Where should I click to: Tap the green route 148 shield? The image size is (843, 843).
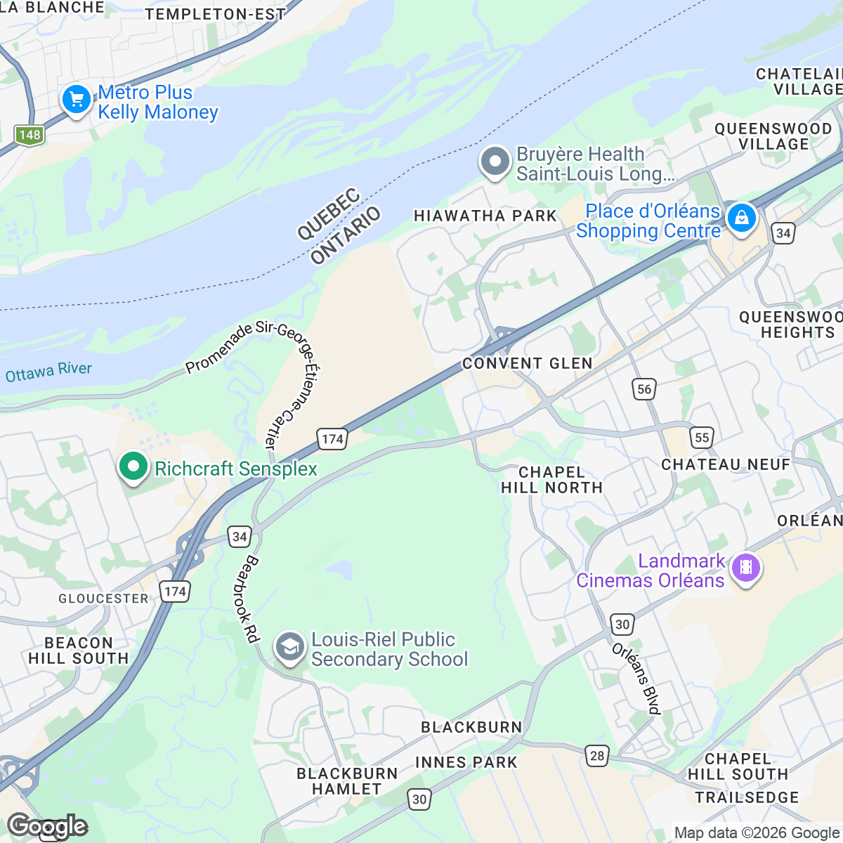coord(30,135)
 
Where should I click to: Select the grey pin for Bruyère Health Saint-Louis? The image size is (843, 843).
coord(495,162)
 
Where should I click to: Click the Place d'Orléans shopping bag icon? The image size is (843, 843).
coord(741,218)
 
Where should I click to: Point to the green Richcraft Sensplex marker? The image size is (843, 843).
coord(133,467)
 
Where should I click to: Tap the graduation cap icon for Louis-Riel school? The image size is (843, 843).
coord(289,648)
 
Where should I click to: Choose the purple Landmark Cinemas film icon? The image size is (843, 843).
coord(746,567)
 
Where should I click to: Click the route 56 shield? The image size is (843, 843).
coord(644,389)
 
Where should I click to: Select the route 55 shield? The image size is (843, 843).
coord(701,438)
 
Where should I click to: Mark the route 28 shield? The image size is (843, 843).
coord(596,756)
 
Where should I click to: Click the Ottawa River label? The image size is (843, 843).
coord(48,372)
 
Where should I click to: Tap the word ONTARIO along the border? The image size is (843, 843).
coord(346,235)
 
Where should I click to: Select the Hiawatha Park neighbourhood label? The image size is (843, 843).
coord(485,216)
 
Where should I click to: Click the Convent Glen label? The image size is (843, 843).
coord(527,363)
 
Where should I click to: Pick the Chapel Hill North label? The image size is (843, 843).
coord(551,480)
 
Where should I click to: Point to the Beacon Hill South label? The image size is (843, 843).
coord(79,651)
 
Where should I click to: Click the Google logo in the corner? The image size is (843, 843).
coord(48,826)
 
